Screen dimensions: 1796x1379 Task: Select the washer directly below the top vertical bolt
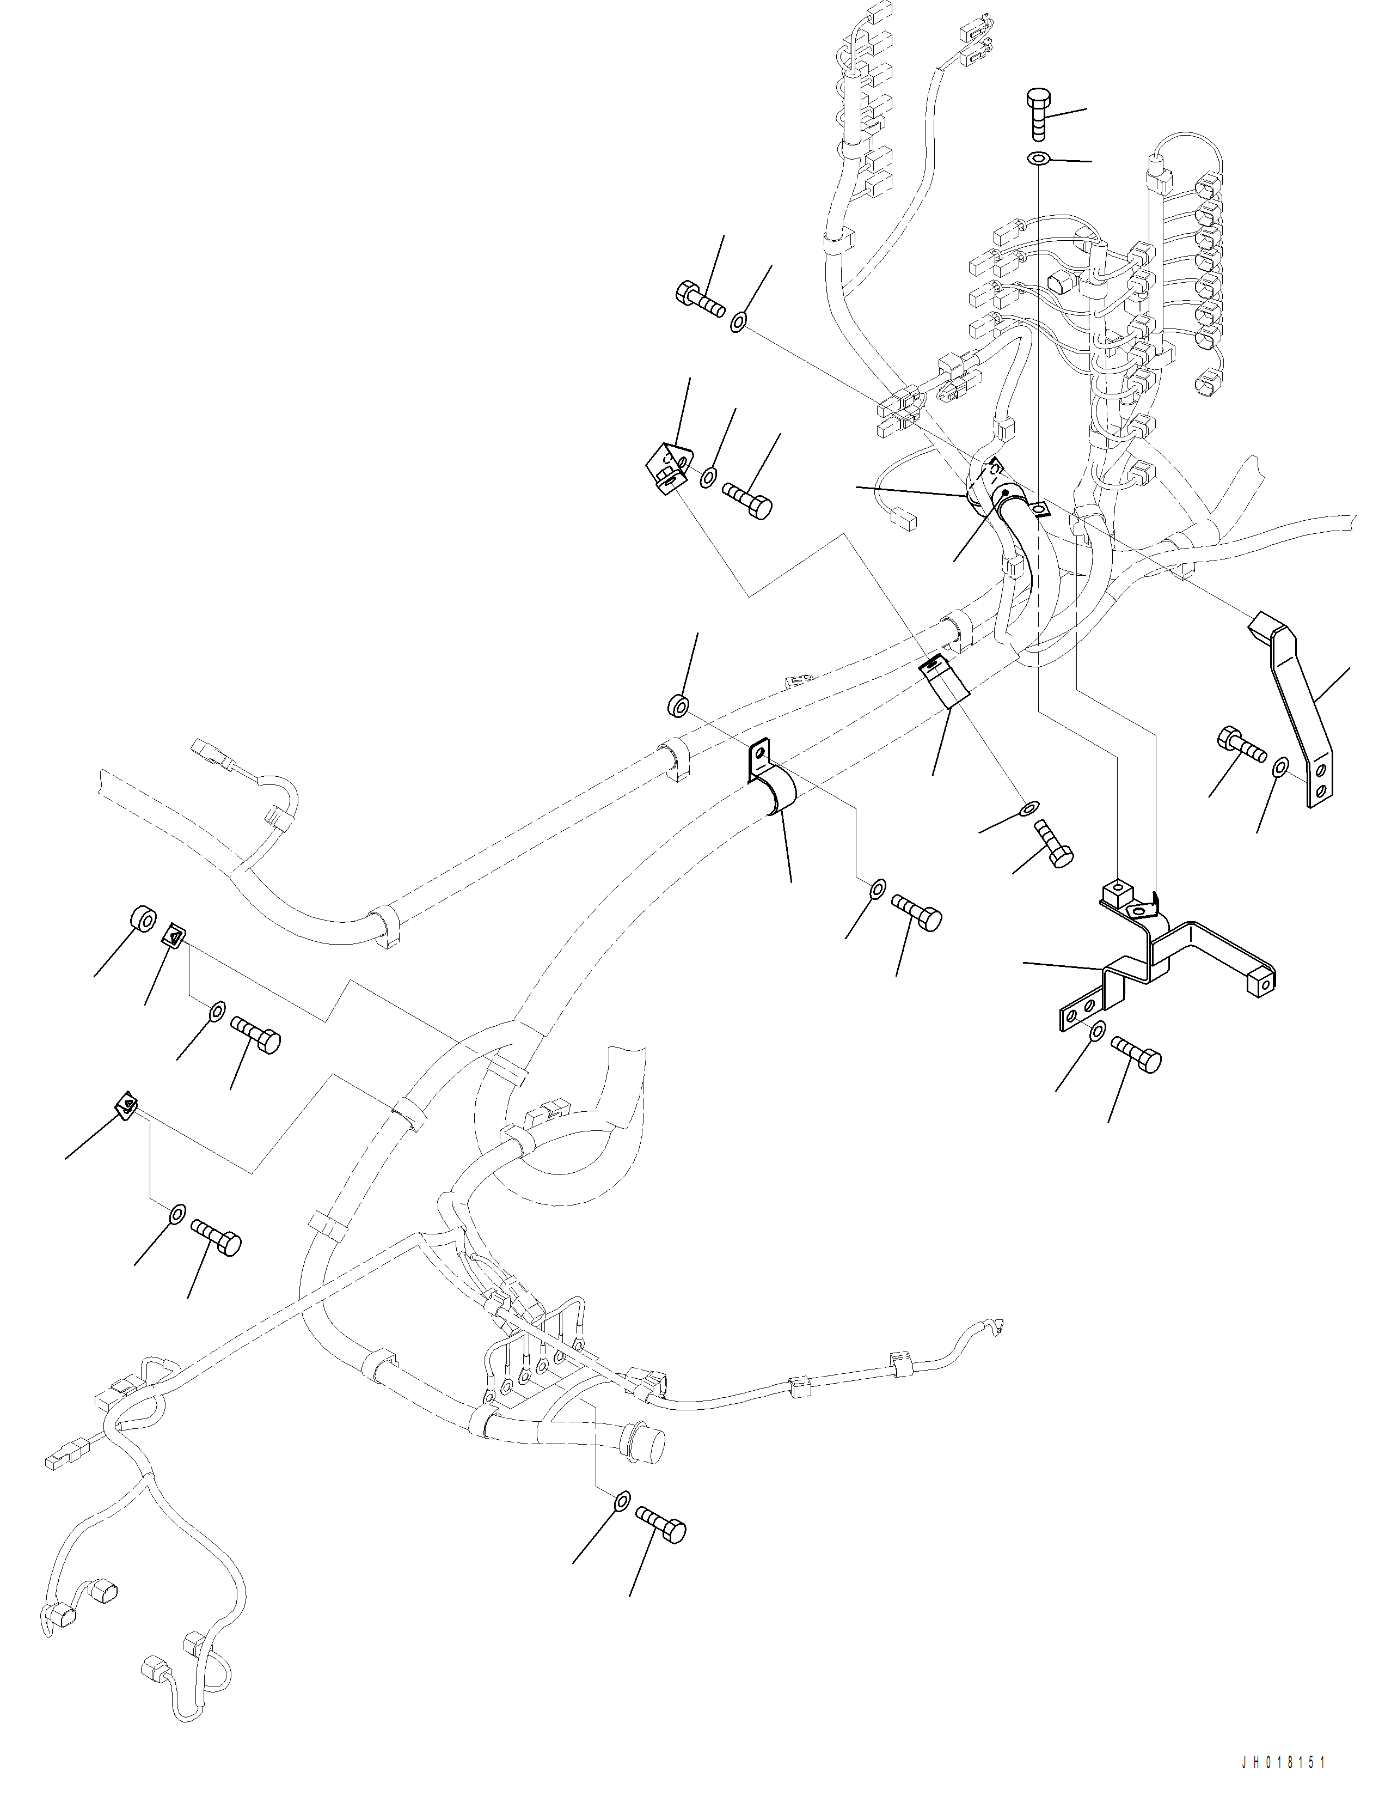point(1038,157)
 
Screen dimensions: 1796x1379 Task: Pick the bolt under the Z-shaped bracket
point(1137,1054)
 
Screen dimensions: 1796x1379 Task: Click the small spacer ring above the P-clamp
point(677,704)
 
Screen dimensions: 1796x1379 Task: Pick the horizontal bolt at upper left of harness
point(700,300)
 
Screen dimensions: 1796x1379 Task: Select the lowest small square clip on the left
point(126,1106)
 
